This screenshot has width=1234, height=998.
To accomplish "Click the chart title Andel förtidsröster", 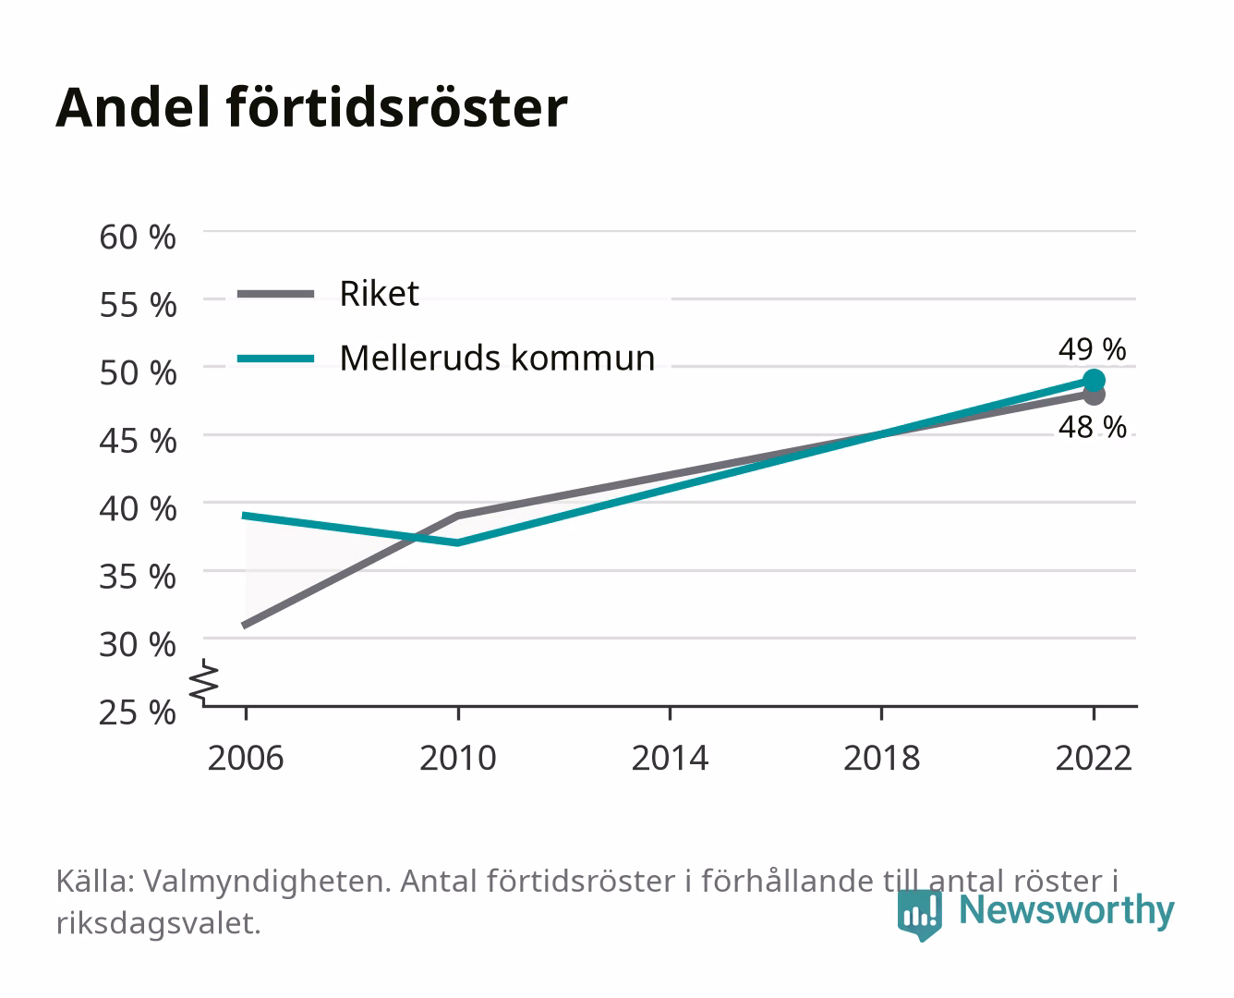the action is [311, 107].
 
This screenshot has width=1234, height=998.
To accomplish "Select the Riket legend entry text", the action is [379, 293].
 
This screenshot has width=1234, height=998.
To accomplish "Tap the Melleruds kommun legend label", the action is [497, 358].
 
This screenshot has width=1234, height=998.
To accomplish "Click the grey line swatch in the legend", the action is [276, 294].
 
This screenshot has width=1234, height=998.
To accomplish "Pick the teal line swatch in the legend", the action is [276, 359].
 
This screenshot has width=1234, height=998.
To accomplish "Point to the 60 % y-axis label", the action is [138, 237].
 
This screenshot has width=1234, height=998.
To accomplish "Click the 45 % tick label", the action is [138, 441].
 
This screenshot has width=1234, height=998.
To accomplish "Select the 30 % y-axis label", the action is [138, 644].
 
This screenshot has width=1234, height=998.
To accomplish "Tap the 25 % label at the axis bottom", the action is [138, 712].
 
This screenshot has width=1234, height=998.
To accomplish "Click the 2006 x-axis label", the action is [246, 758].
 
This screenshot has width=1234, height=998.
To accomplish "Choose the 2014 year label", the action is [670, 758].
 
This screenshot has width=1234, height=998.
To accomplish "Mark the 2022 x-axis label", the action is [1094, 758].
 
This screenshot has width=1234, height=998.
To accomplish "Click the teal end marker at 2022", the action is [1094, 380].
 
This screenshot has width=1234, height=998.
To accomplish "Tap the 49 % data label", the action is [1092, 349].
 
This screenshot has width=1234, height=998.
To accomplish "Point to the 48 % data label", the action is [1092, 428].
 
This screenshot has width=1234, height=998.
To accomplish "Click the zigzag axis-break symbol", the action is [204, 682].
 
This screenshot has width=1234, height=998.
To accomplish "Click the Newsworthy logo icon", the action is [919, 916].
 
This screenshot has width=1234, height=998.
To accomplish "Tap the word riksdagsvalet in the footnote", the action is [158, 923].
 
